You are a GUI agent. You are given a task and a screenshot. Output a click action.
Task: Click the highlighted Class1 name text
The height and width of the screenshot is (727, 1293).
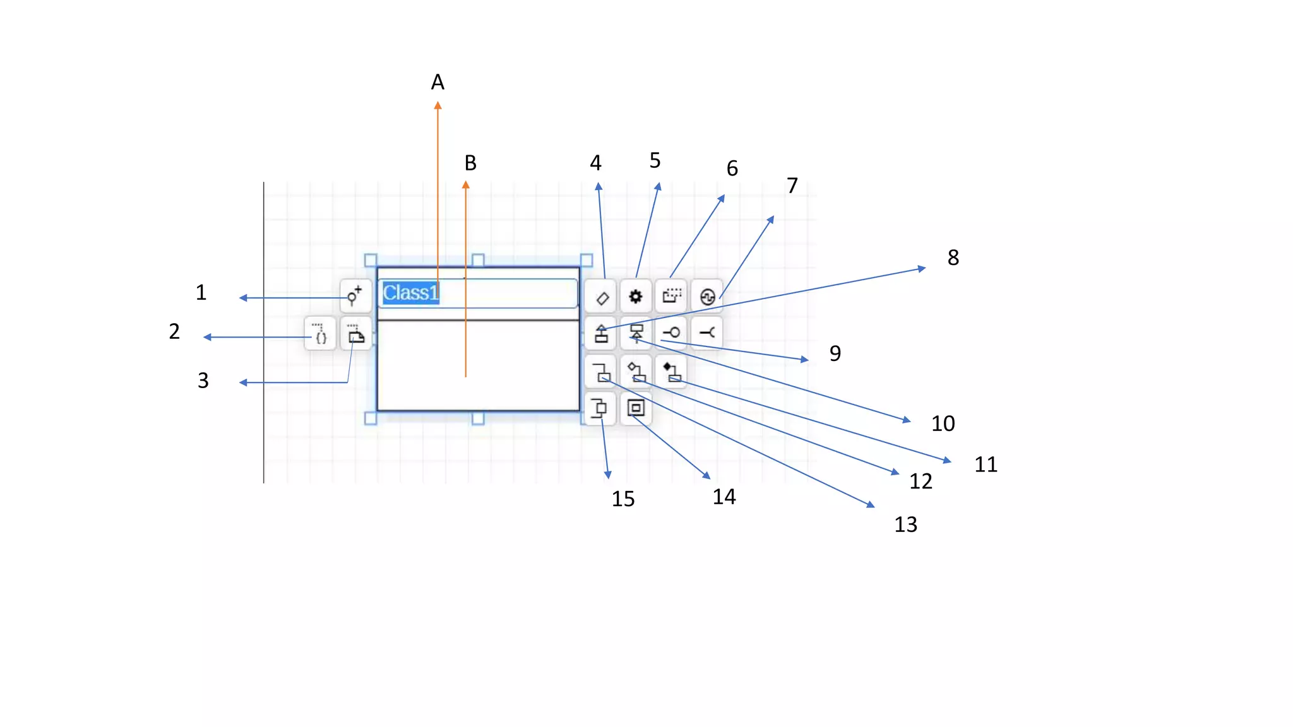pyautogui.click(x=410, y=293)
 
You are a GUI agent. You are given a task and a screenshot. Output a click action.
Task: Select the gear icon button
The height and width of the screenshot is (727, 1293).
pyautogui.click(x=636, y=297)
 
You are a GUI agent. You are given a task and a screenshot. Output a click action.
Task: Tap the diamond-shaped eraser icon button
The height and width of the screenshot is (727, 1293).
pyautogui.click(x=600, y=297)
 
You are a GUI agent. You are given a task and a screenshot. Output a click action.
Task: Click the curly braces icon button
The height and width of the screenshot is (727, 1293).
pyautogui.click(x=320, y=334)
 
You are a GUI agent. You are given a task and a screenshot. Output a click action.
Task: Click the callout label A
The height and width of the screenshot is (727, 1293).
pyautogui.click(x=438, y=82)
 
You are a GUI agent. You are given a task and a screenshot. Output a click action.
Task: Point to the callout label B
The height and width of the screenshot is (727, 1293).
pyautogui.click(x=470, y=163)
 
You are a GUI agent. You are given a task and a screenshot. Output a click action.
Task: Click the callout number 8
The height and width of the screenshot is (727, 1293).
pyautogui.click(x=953, y=257)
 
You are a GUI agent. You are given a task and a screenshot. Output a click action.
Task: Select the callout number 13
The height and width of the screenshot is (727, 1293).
pyautogui.click(x=906, y=524)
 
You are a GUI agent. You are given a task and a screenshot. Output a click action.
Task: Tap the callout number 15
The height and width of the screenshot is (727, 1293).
pyautogui.click(x=623, y=499)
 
